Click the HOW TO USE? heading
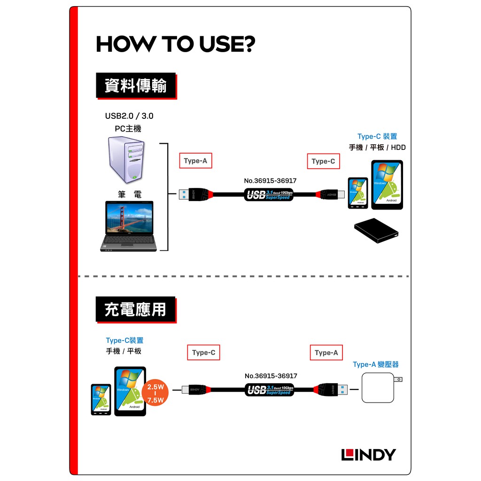175,44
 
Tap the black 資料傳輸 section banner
136,85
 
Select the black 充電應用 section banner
135,309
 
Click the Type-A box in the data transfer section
195,161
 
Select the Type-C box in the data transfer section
323,162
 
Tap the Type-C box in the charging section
203,353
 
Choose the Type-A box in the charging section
326,353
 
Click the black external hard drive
377,231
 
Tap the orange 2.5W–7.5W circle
155,394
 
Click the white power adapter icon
379,388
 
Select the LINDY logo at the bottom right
368,455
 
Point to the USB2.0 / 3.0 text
129,116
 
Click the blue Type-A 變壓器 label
375,365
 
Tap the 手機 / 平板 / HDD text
377,147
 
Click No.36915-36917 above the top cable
270,181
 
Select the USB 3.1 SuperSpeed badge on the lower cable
270,389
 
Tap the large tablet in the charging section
130,391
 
